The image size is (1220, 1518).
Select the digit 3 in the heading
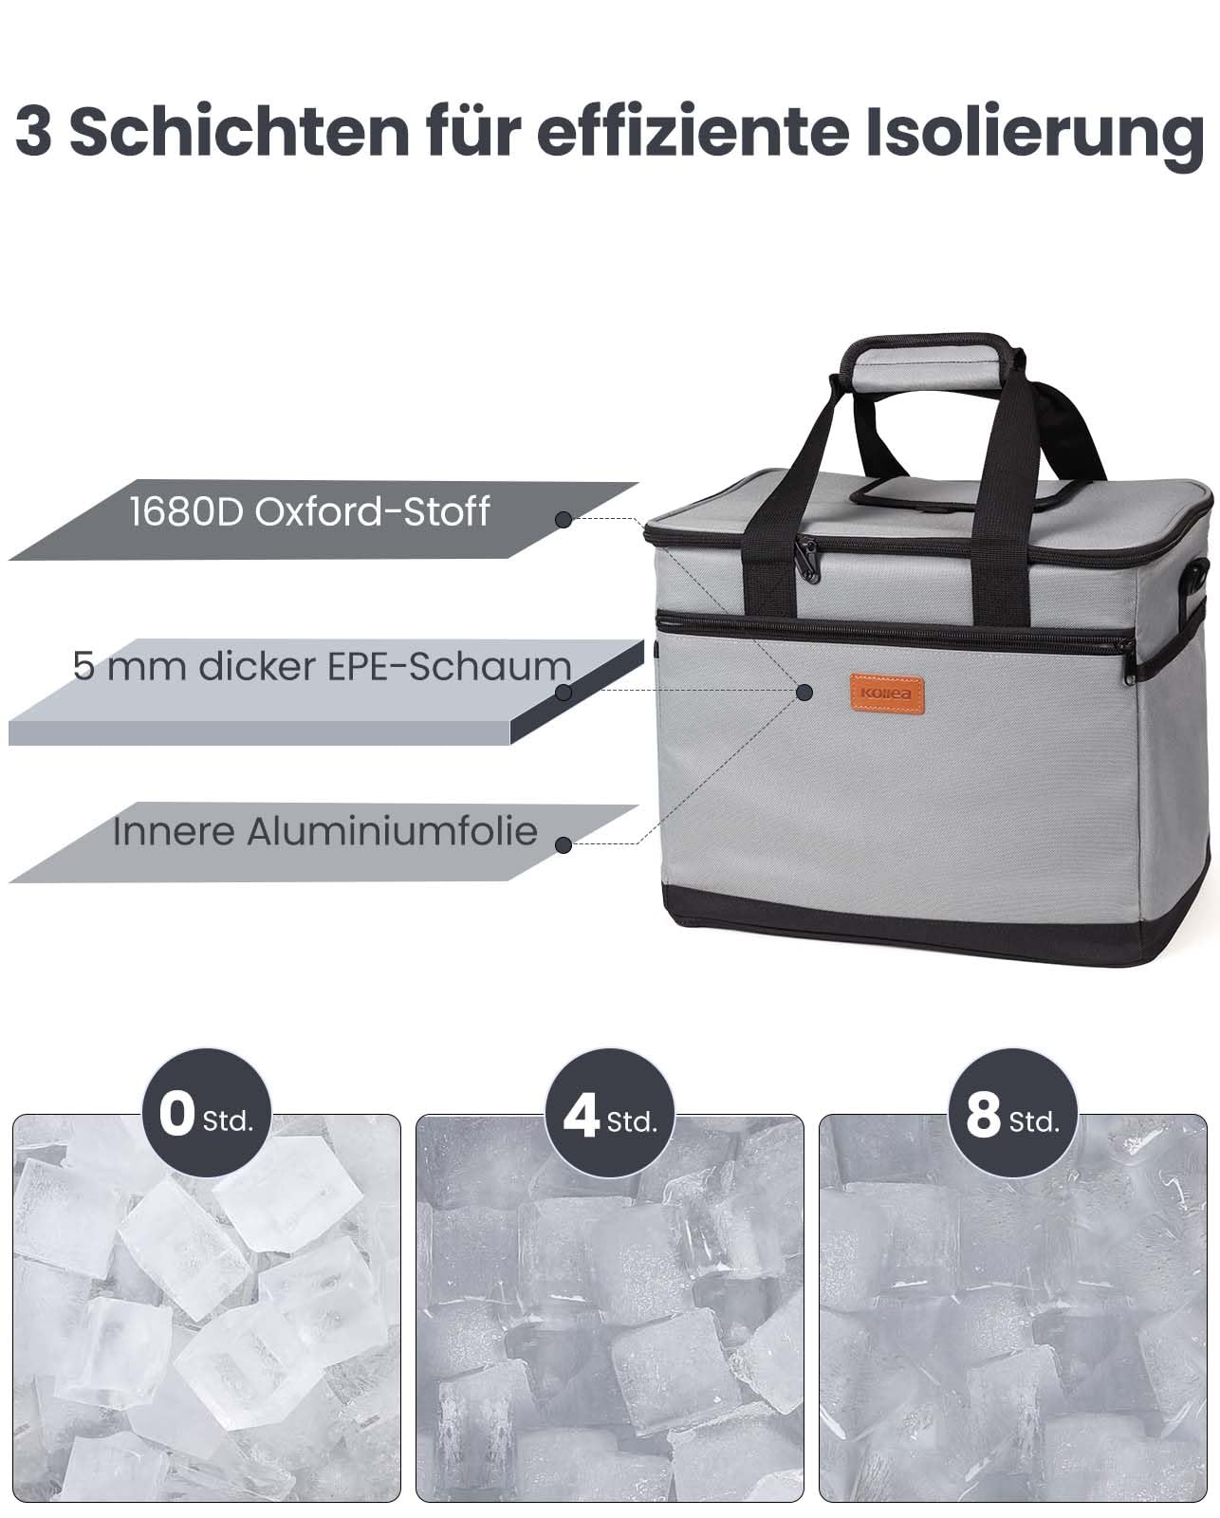click(x=33, y=133)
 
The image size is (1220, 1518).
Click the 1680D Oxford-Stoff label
click(x=309, y=511)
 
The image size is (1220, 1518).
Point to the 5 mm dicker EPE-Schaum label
click(x=322, y=666)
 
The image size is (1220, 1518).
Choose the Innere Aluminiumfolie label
click(x=325, y=831)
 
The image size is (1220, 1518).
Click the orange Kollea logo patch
click(x=887, y=694)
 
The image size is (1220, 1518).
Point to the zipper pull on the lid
click(x=807, y=560)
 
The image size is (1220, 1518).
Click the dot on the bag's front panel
click(x=804, y=692)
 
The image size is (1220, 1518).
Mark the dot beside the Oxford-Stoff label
click(x=564, y=520)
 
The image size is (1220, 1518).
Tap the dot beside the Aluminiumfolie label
click(x=564, y=845)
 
